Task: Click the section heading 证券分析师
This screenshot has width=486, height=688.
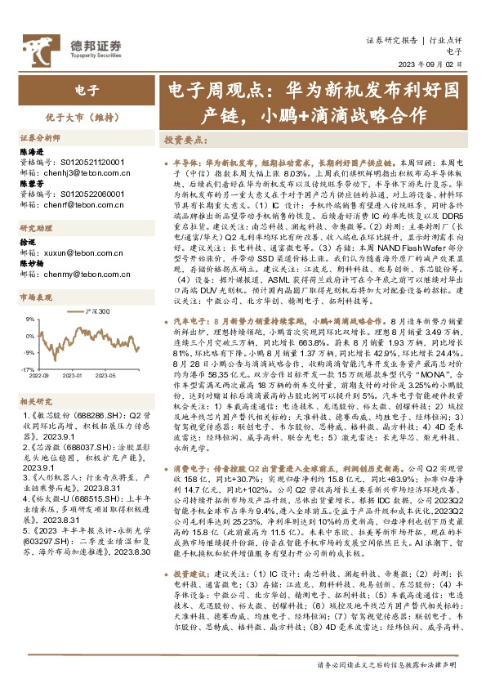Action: pyautogui.click(x=40, y=138)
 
